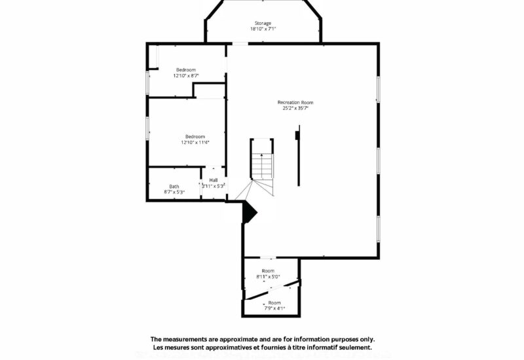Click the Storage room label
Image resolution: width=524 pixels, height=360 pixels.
click(263, 23)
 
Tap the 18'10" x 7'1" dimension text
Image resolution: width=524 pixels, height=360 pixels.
click(263, 29)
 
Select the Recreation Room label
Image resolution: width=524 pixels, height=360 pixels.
click(295, 102)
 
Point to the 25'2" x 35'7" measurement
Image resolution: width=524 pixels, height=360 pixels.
click(295, 108)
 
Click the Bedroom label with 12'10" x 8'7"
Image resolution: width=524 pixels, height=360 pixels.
click(185, 70)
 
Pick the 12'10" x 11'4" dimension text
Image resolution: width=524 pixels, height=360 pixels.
click(195, 142)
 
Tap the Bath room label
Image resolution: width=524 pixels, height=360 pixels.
click(174, 186)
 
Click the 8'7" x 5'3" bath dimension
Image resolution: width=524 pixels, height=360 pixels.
click(174, 192)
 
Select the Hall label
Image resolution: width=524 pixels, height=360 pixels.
click(214, 180)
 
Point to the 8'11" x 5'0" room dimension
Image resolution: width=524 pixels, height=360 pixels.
click(268, 277)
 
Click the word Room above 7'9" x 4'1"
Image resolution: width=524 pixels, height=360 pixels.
click(274, 302)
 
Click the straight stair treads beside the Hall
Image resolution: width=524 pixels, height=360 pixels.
click(262, 167)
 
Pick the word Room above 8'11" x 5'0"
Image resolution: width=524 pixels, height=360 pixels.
click(268, 271)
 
